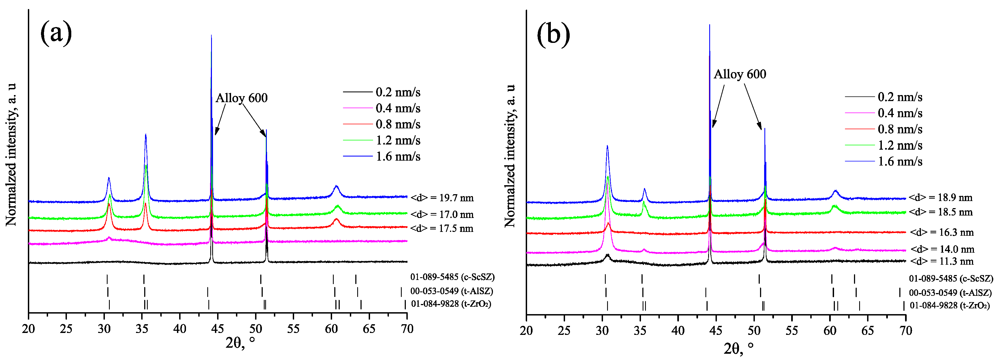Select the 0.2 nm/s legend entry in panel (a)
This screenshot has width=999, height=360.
[x=398, y=92]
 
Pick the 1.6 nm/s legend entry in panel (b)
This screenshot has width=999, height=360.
[x=900, y=161]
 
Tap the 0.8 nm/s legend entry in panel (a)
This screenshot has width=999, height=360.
[x=398, y=125]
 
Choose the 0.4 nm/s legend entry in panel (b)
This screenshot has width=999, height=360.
[x=900, y=113]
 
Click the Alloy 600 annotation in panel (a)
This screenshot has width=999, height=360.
[x=241, y=98]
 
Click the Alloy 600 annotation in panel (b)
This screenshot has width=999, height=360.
[x=740, y=74]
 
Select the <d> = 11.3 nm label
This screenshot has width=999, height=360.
[x=942, y=261]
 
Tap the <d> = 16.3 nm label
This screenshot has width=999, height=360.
[x=942, y=232]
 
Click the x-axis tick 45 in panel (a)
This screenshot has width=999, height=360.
[x=218, y=329]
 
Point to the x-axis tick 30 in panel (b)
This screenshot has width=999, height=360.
[x=602, y=331]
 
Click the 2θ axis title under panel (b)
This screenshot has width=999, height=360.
[x=738, y=348]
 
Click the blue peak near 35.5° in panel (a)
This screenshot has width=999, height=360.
[x=146, y=135]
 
